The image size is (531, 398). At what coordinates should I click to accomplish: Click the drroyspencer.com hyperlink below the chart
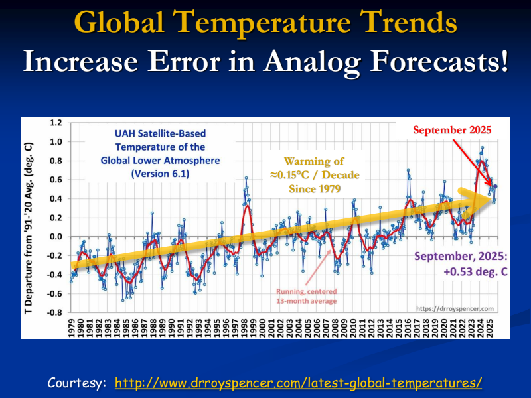tap(298, 383)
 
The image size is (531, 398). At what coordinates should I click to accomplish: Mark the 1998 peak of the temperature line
tap(246, 178)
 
